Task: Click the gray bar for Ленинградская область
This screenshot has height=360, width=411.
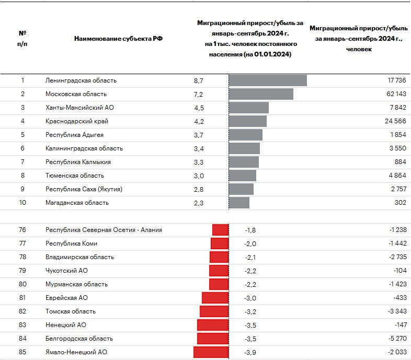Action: pos(268,80)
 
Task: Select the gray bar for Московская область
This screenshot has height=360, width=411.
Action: pos(261,94)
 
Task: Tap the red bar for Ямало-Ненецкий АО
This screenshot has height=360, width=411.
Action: pos(211,352)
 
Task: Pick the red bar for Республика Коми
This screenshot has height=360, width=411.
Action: pos(220,243)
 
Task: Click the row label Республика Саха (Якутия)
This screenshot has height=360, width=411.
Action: pos(84,189)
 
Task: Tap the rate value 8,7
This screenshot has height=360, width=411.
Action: pos(198,81)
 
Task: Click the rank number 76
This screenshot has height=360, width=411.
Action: pos(22,230)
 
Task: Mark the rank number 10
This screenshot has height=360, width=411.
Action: pos(22,203)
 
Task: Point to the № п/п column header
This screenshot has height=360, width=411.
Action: pos(22,38)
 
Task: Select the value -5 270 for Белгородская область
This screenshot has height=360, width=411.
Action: pos(396,339)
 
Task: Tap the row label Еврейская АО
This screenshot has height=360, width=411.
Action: pos(66,298)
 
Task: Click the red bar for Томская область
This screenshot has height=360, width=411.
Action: pos(214,311)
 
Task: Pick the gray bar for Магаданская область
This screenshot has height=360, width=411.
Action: pos(239,203)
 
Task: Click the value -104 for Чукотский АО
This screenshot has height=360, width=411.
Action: pos(398,271)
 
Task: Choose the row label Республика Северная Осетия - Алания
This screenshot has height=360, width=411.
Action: pos(104,230)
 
